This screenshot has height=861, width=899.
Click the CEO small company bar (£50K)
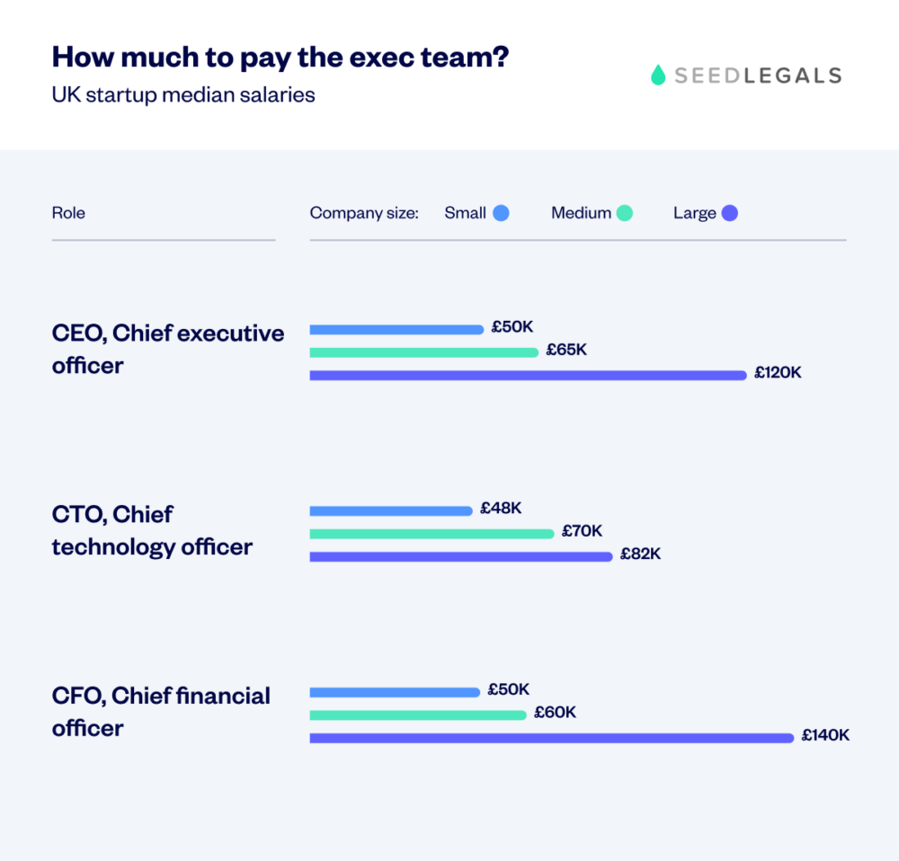pos(396,330)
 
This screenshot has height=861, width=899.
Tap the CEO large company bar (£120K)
pos(529,375)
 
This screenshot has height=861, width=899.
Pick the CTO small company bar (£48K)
pos(391,511)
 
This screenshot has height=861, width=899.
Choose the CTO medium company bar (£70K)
pos(432,534)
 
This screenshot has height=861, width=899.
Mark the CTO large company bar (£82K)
pos(461,556)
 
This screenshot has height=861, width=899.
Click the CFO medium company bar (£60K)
pos(418,715)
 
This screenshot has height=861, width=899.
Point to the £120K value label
pos(778,372)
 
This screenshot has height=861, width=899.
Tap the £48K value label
pos(501,508)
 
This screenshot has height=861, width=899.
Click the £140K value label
pos(826,735)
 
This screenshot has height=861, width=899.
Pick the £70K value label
pos(583,531)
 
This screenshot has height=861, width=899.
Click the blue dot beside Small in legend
pos(501,213)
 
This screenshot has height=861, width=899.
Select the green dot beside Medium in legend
pos(624,213)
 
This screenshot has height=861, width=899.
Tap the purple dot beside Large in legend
pos(729,213)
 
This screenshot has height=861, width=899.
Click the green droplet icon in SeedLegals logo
pos(658,75)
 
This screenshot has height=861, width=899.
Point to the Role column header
pos(68,213)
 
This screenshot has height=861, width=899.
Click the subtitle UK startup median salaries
pos(183,94)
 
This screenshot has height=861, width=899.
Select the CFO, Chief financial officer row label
pos(161,712)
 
